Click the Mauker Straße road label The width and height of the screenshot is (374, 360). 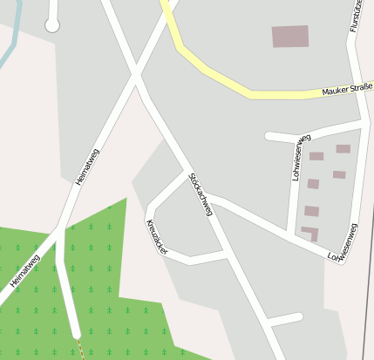click(x=347, y=90)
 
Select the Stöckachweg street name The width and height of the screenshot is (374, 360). click(x=201, y=194)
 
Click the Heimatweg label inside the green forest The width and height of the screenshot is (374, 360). click(x=24, y=271)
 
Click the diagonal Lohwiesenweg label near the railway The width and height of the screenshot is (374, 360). click(x=342, y=243)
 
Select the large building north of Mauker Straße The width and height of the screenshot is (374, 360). click(x=290, y=36)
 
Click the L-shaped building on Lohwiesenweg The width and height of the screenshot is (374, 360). click(x=310, y=232)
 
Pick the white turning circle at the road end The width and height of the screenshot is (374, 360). click(x=52, y=25)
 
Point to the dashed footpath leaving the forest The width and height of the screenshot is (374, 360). click(x=79, y=349)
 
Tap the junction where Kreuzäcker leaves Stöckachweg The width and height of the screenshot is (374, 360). click(x=188, y=173)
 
